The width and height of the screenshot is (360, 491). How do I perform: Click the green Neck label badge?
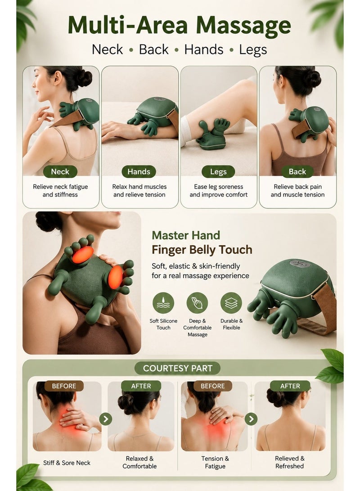coord(60,171)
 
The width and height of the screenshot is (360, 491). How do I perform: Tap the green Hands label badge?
coord(139,171)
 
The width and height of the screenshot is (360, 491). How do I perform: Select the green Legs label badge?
coord(218,171)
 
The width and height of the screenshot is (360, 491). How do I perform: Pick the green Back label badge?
coord(297,171)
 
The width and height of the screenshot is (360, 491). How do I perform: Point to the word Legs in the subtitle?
coord(253,50)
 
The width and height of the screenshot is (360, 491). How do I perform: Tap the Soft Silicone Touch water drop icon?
coord(163,303)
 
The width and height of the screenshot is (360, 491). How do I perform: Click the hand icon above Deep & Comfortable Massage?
coord(197,303)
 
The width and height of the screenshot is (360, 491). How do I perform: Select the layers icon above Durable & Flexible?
coord(231,303)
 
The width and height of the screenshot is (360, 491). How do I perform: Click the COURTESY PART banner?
coord(177,368)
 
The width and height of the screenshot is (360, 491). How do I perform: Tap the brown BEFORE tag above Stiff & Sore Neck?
coord(64,386)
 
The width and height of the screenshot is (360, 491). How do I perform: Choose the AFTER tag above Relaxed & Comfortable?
coord(141,386)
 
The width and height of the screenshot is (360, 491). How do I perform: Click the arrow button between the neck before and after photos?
coord(106,419)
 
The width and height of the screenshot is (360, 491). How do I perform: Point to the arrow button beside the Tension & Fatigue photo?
coord(251,419)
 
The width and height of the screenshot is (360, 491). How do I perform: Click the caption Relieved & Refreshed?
coord(289,462)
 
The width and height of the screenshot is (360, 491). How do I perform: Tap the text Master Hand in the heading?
coord(186,235)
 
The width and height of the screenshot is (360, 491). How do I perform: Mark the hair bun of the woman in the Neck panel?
coord(84,78)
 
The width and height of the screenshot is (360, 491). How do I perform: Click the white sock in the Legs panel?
coord(188,131)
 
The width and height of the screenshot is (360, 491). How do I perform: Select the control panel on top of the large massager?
coord(300,264)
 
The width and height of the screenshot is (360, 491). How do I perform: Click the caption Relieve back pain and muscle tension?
coord(298,191)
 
